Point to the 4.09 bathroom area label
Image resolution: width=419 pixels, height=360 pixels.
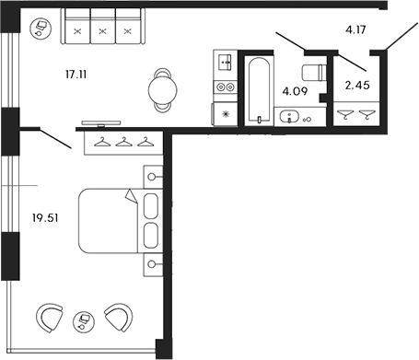click(294, 91)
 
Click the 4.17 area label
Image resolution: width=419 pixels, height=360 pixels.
click(357, 30)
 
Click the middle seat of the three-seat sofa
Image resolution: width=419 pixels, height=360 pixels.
click(102, 29)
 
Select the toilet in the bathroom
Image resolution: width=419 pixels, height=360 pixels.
click(313, 75)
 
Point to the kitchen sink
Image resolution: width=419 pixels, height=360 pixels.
click(224, 64)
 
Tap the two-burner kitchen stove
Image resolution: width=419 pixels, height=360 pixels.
click(224, 87)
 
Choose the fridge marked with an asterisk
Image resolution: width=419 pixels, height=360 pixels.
click(224, 113)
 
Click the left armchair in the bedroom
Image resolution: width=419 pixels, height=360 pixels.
click(51, 318)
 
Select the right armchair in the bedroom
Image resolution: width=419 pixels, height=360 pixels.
click(117, 318)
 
